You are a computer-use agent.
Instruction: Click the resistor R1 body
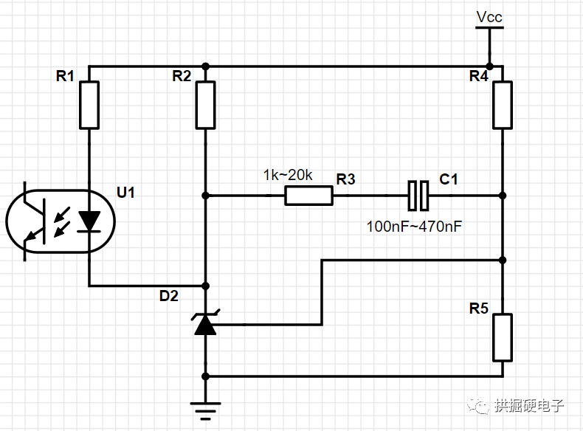[89, 105]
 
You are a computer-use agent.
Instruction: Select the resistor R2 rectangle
[205, 105]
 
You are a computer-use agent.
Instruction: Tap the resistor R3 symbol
[308, 196]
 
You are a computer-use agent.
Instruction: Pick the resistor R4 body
[503, 105]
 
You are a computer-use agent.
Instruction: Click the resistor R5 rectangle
[503, 337]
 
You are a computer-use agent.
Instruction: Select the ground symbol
[205, 406]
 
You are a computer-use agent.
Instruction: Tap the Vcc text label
[490, 16]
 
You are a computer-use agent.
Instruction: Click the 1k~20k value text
[288, 176]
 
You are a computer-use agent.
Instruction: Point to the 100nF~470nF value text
[414, 227]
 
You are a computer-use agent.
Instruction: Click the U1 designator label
[126, 193]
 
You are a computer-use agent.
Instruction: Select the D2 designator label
[169, 296]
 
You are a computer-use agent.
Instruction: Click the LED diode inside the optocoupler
[90, 220]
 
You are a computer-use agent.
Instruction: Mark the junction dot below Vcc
[489, 66]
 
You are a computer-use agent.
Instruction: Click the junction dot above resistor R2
[205, 66]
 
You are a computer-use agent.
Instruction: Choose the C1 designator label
[449, 179]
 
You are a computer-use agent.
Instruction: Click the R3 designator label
[345, 179]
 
